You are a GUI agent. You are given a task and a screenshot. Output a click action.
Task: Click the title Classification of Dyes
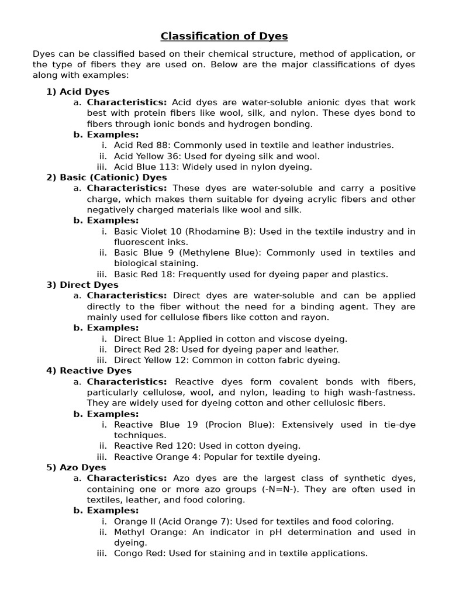pyautogui.click(x=224, y=36)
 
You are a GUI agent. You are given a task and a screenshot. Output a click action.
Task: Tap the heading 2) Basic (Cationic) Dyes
pyautogui.click(x=106, y=177)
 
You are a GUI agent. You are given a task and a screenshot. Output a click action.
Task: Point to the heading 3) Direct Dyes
pyautogui.click(x=82, y=285)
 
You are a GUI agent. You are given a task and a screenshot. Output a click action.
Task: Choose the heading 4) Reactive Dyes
pyautogui.click(x=89, y=371)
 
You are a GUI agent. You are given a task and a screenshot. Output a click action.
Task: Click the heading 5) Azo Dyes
pyautogui.click(x=76, y=467)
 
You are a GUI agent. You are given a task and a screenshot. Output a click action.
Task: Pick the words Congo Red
pyautogui.click(x=138, y=553)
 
